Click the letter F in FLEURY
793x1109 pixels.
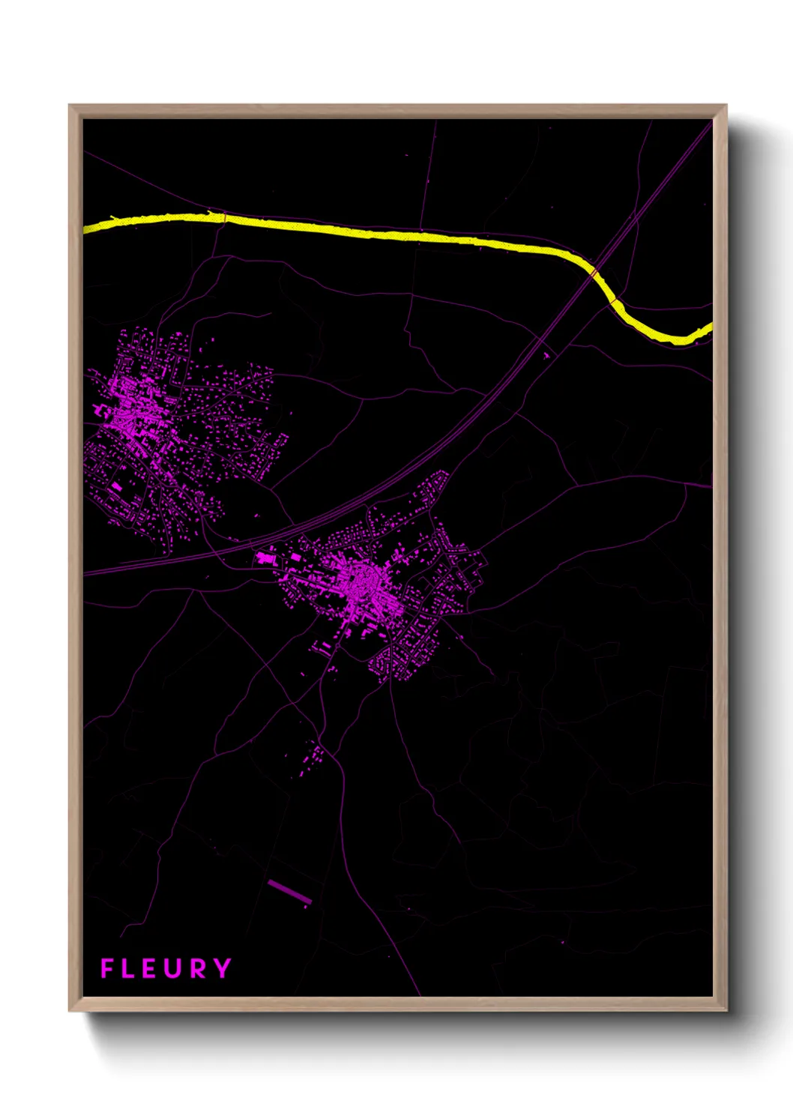tap(106, 968)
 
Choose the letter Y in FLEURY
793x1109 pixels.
tap(223, 968)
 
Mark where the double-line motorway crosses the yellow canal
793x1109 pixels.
tap(594, 272)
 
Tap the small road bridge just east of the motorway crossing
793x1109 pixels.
tap(615, 300)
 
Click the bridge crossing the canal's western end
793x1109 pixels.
tap(224, 218)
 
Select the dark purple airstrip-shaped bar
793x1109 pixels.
tap(289, 891)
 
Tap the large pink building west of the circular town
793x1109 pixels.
tap(264, 557)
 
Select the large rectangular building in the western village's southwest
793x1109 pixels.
tap(117, 486)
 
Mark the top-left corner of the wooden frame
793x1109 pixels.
tap(69, 106)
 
